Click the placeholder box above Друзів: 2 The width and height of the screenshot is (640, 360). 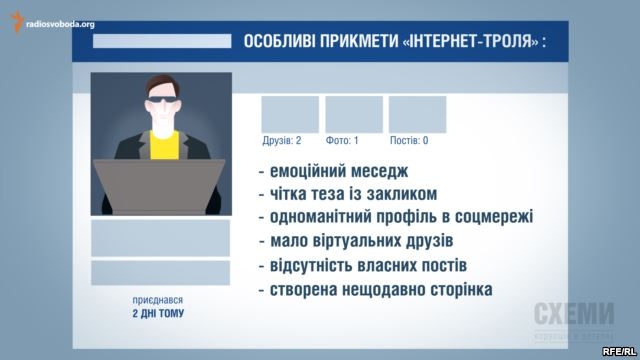click(290, 114)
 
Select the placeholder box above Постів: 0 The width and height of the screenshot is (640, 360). click(417, 114)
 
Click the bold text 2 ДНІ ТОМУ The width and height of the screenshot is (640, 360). click(157, 313)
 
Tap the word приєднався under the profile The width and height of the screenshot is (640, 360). click(157, 299)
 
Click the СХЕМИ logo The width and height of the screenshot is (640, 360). click(573, 313)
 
